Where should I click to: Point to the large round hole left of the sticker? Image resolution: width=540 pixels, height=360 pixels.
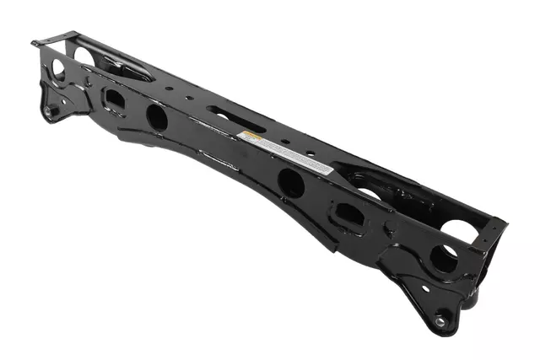tap(157, 116)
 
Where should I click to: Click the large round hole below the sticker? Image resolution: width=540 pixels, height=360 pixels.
tap(291, 182)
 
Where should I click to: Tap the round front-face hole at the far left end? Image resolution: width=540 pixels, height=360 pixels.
tap(59, 70)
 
